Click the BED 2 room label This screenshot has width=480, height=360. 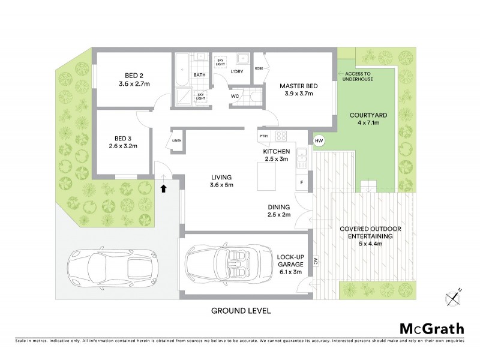point(134,75)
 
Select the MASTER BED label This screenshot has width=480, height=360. point(298,86)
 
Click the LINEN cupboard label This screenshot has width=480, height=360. point(176,140)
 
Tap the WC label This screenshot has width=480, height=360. point(236,95)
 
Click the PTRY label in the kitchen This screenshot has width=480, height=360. point(263,136)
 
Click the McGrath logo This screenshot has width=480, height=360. point(431,328)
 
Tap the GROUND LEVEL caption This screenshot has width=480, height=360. point(240,311)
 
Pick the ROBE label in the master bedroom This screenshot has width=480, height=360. point(259,68)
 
